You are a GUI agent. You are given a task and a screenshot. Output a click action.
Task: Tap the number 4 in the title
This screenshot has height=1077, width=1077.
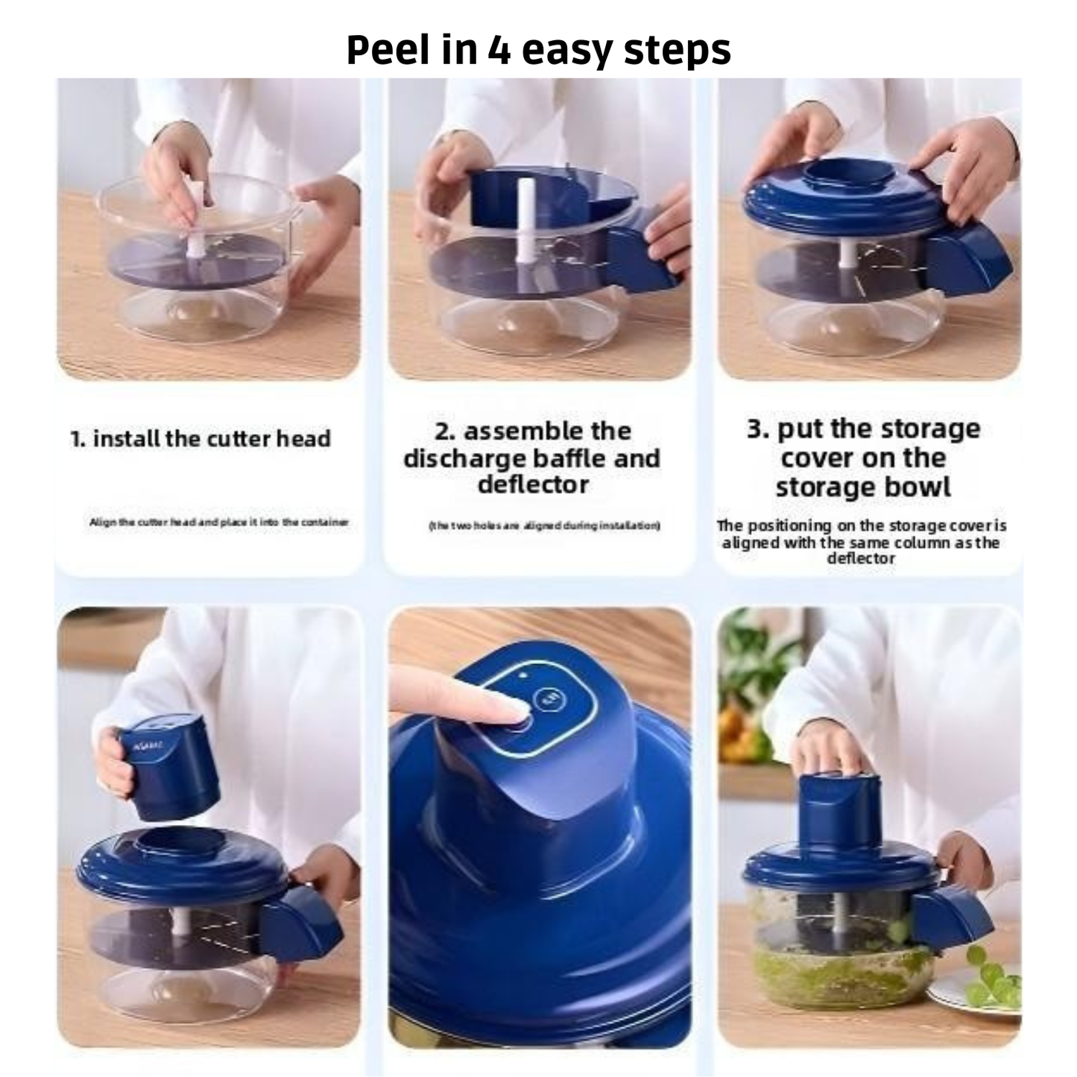point(499,50)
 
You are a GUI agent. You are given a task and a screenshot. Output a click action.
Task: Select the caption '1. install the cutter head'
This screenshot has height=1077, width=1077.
point(200,438)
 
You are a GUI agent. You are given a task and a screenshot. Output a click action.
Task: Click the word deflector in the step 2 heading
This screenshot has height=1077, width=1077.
point(533,484)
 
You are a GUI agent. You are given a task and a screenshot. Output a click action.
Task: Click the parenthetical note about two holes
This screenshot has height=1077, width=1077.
point(545,525)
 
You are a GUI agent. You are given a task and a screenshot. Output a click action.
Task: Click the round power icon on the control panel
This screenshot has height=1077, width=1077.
point(551,698)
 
